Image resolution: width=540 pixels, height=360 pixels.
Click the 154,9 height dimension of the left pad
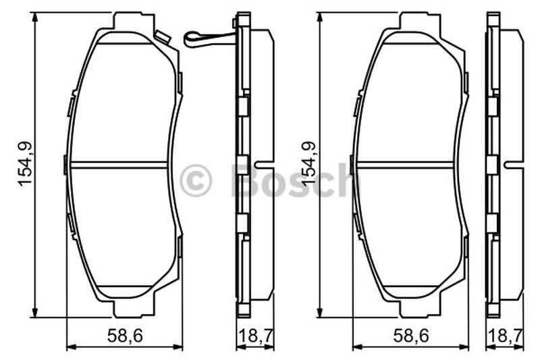pos(25,164)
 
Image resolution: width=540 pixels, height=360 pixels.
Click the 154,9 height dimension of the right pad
pos(309,164)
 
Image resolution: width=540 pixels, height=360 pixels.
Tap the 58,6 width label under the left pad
pos(125,335)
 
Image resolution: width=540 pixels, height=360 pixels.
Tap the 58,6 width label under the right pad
pos(411,335)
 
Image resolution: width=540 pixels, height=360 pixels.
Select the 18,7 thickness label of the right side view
pos(506,335)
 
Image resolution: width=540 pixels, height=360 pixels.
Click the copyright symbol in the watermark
pos(195,180)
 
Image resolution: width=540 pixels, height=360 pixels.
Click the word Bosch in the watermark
pos(293,180)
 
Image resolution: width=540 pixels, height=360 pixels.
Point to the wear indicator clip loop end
pos(190,38)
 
